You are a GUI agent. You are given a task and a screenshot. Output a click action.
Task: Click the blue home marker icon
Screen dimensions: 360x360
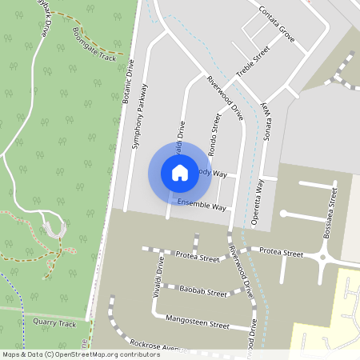[x=180, y=172]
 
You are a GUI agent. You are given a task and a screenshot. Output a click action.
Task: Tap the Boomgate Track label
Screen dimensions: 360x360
[x=94, y=47]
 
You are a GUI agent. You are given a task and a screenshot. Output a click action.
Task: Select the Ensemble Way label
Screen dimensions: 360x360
[x=202, y=206]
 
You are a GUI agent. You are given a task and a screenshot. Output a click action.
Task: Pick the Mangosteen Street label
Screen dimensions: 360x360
[x=198, y=325]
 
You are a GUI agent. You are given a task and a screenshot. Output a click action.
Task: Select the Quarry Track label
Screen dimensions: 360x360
[x=55, y=324]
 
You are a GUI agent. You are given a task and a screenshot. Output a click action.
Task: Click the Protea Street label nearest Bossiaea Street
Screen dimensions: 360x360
[x=282, y=253]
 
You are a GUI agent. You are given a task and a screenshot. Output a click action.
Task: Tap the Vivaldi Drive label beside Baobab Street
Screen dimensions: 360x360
[x=158, y=278]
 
